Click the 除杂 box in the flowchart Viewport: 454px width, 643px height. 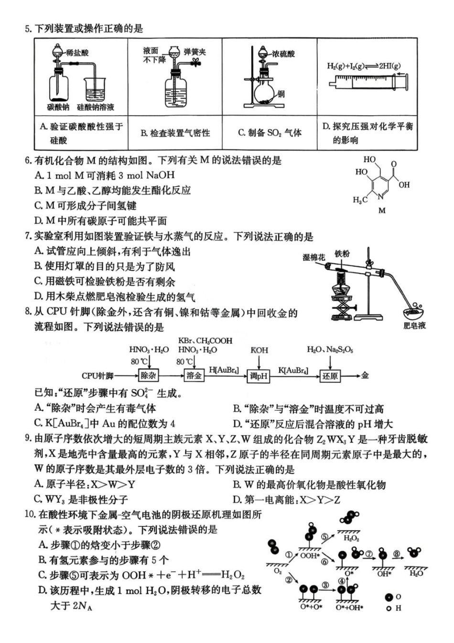point(148,375)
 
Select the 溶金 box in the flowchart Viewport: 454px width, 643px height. point(194,375)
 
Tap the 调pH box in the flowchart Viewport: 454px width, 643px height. point(259,376)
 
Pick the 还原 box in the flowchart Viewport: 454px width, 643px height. point(330,376)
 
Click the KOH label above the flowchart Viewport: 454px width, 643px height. point(259,350)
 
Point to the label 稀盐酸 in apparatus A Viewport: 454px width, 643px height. point(77,53)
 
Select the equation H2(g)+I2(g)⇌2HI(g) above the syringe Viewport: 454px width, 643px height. point(364,66)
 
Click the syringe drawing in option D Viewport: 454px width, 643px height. point(368,82)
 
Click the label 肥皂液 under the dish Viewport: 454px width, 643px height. point(414,326)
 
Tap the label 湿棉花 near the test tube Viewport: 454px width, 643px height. point(313,257)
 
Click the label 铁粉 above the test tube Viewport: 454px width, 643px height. point(342,253)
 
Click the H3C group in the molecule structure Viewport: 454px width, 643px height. point(360,200)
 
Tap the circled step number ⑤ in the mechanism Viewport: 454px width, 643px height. point(325,537)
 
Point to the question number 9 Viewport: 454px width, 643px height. point(28,439)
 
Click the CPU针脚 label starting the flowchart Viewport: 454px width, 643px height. point(97,376)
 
